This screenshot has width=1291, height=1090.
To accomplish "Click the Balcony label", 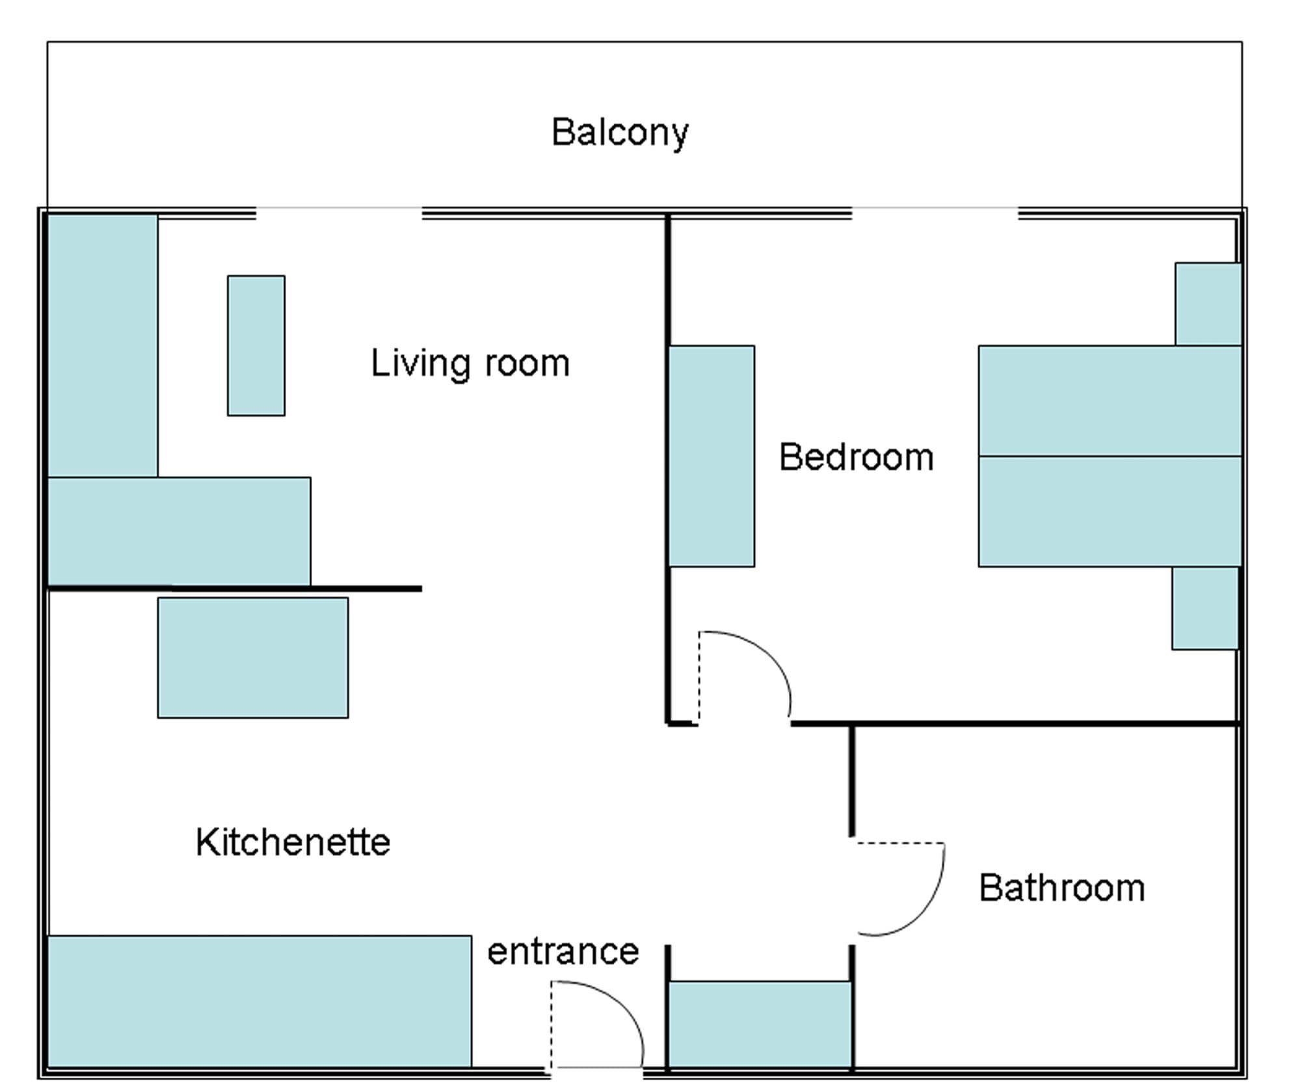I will pyautogui.click(x=619, y=133).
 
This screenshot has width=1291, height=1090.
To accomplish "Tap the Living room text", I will pyautogui.click(x=470, y=363).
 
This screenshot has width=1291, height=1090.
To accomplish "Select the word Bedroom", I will pyautogui.click(x=856, y=457).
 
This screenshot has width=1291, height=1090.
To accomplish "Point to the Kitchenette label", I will pyautogui.click(x=293, y=842).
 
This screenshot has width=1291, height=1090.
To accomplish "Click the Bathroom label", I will pyautogui.click(x=1061, y=888).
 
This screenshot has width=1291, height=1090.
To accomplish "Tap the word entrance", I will pyautogui.click(x=563, y=951).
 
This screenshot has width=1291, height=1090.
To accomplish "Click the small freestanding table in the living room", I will pyautogui.click(x=256, y=345).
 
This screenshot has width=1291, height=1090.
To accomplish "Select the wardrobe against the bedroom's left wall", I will pyautogui.click(x=712, y=456).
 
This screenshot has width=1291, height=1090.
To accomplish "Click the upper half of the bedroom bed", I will pyautogui.click(x=1110, y=401).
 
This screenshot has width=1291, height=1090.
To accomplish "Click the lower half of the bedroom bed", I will pyautogui.click(x=1110, y=511).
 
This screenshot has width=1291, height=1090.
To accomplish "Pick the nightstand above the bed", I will pyautogui.click(x=1207, y=304).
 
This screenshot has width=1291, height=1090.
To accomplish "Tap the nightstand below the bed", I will pyautogui.click(x=1204, y=608).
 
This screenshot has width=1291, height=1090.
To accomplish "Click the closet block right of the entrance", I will pyautogui.click(x=760, y=1024).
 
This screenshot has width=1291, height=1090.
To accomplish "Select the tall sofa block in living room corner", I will pyautogui.click(x=103, y=345).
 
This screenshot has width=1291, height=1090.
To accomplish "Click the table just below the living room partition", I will pyautogui.click(x=252, y=658).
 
